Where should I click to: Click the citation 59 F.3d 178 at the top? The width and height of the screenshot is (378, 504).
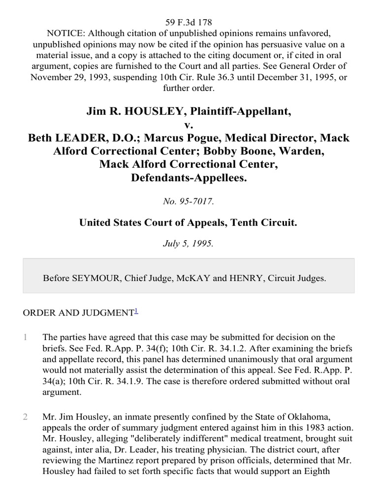(189, 22)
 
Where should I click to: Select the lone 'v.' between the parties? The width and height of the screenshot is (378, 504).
(189, 125)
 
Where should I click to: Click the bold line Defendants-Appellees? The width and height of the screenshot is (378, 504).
(189, 177)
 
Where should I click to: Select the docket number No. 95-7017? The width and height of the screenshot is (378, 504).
(189, 201)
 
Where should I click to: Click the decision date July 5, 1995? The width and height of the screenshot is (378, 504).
(189, 243)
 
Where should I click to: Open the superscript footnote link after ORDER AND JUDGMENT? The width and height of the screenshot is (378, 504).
(136, 310)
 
